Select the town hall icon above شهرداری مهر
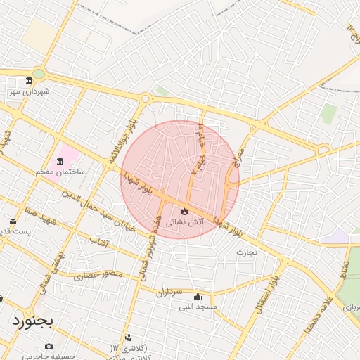[x=29, y=80]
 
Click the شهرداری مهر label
[x=26, y=91]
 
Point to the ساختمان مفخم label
[x=61, y=172]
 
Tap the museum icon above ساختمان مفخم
[x=60, y=161]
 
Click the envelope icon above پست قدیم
[x=13, y=221]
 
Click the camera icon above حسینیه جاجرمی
[x=49, y=346]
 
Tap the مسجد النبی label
[x=198, y=307]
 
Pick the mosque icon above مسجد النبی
[x=198, y=296]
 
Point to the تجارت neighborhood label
[x=247, y=251]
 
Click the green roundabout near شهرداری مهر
[x=39, y=73]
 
